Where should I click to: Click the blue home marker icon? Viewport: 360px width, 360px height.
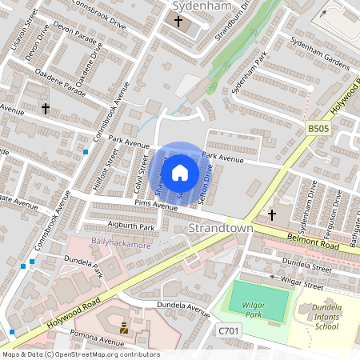click(180, 173)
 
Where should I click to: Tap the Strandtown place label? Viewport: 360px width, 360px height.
click(220, 228)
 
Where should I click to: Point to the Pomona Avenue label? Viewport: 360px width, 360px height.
click(94, 330)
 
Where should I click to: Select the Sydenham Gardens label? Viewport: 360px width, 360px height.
click(320, 54)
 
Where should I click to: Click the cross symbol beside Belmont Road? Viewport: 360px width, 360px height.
click(271, 214)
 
